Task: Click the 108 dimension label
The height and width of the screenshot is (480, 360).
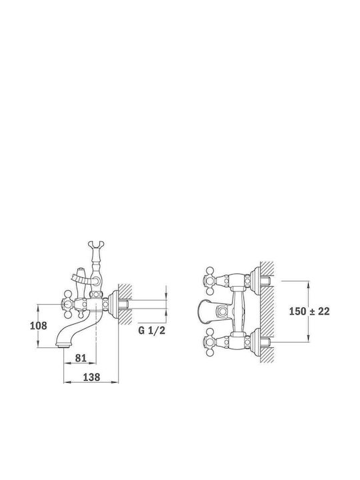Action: point(38,325)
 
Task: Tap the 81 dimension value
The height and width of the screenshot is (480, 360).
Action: point(81,358)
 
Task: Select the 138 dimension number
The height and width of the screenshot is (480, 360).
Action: point(91,377)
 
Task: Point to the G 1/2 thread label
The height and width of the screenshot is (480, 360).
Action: point(152,331)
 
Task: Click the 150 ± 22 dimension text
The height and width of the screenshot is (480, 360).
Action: point(309,311)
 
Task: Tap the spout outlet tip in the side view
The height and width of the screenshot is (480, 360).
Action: point(63,346)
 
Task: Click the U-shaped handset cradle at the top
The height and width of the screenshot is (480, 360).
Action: point(96,245)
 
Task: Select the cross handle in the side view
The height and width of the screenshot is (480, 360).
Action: point(69,304)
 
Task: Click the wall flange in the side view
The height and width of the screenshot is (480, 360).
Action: point(113,304)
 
